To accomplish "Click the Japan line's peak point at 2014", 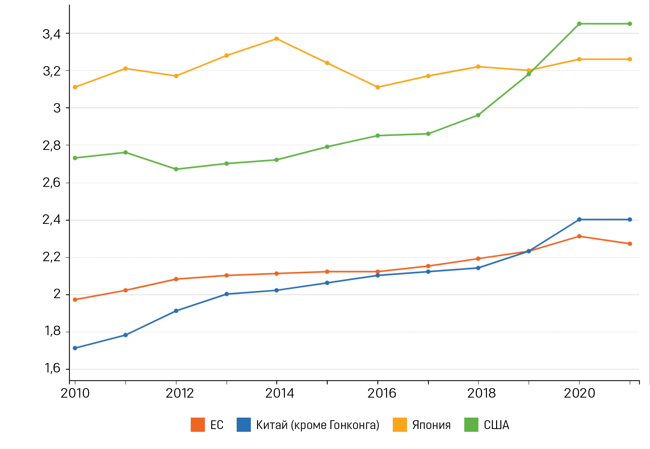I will click(277, 39).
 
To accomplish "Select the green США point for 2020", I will click(579, 24).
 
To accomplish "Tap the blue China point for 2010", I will click(75, 348).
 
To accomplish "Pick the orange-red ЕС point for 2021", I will click(630, 244).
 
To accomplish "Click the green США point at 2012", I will click(176, 169).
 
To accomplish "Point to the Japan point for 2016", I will click(378, 87).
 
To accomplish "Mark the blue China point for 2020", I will click(579, 220).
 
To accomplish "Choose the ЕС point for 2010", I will click(75, 300).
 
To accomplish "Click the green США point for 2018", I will click(478, 115).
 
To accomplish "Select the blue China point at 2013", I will click(227, 294).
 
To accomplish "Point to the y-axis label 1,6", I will click(52, 368).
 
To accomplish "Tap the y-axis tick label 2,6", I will click(52, 183).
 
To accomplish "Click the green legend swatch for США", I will click(471, 425).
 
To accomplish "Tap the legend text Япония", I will click(431, 425).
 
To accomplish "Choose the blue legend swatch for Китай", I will click(244, 425).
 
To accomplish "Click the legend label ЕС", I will click(217, 425).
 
